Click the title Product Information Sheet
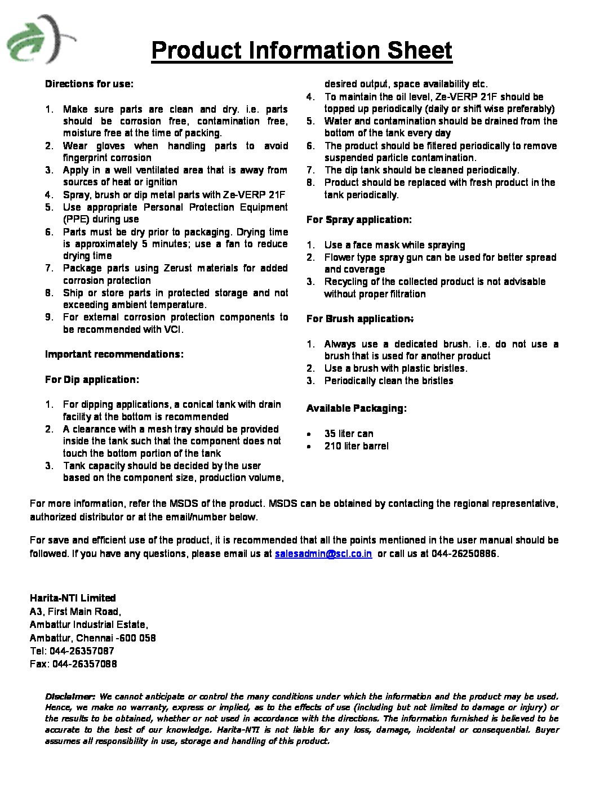301,51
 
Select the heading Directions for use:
89,84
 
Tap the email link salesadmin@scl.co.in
323,554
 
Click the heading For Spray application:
359,220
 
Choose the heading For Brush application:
359,319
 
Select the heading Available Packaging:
356,408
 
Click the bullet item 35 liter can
349,434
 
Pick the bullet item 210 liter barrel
356,446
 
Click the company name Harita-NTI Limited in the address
73,598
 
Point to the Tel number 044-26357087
82,651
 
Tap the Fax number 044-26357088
85,664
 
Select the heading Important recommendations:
114,354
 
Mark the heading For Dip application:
92,380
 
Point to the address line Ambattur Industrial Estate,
89,625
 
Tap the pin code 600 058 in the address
137,638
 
